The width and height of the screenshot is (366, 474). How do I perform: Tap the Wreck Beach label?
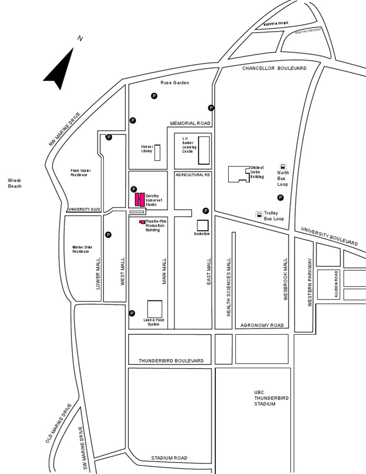click(15, 183)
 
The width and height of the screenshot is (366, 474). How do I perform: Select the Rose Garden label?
click(174, 83)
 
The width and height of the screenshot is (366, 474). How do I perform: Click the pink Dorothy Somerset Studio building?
click(139, 199)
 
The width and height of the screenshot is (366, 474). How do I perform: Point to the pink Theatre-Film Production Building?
click(142, 222)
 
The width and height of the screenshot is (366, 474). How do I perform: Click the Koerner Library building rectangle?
click(157, 153)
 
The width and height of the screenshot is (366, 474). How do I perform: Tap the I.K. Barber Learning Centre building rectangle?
click(203, 150)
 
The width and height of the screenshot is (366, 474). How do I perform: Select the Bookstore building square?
click(203, 226)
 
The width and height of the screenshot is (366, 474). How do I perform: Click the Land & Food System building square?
click(154, 309)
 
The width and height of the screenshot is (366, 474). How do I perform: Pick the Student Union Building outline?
click(238, 174)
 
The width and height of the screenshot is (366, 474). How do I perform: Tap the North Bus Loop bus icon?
click(283, 167)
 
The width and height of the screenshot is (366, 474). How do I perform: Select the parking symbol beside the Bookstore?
click(206, 211)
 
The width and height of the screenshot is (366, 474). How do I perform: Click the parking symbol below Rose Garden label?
click(154, 96)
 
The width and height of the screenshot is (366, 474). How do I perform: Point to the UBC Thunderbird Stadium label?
click(265, 398)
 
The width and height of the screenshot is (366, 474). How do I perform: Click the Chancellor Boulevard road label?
click(274, 68)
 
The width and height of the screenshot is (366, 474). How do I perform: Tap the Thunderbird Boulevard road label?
click(171, 361)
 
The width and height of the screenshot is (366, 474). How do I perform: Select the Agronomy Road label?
click(262, 325)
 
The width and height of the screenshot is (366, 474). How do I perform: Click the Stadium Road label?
click(169, 458)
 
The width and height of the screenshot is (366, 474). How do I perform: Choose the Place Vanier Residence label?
click(81, 173)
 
